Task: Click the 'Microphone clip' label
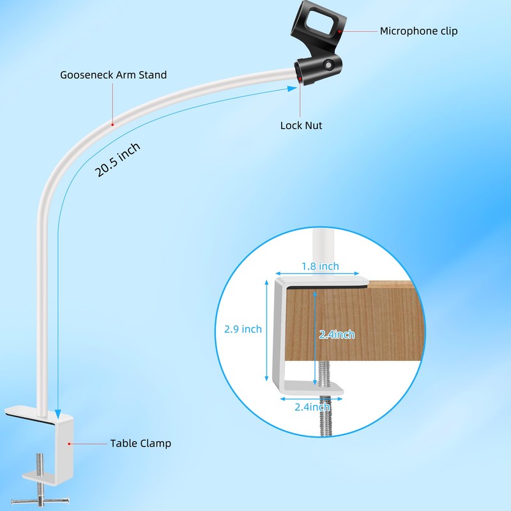point(418,31)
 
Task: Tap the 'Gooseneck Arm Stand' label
point(113,75)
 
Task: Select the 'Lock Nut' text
point(301,125)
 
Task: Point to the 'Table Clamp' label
point(141,443)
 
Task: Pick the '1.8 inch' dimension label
point(320,266)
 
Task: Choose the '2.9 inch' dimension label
point(243,330)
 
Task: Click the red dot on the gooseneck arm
point(113,124)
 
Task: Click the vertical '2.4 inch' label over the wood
point(337,334)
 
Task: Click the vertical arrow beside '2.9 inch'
point(266,329)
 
